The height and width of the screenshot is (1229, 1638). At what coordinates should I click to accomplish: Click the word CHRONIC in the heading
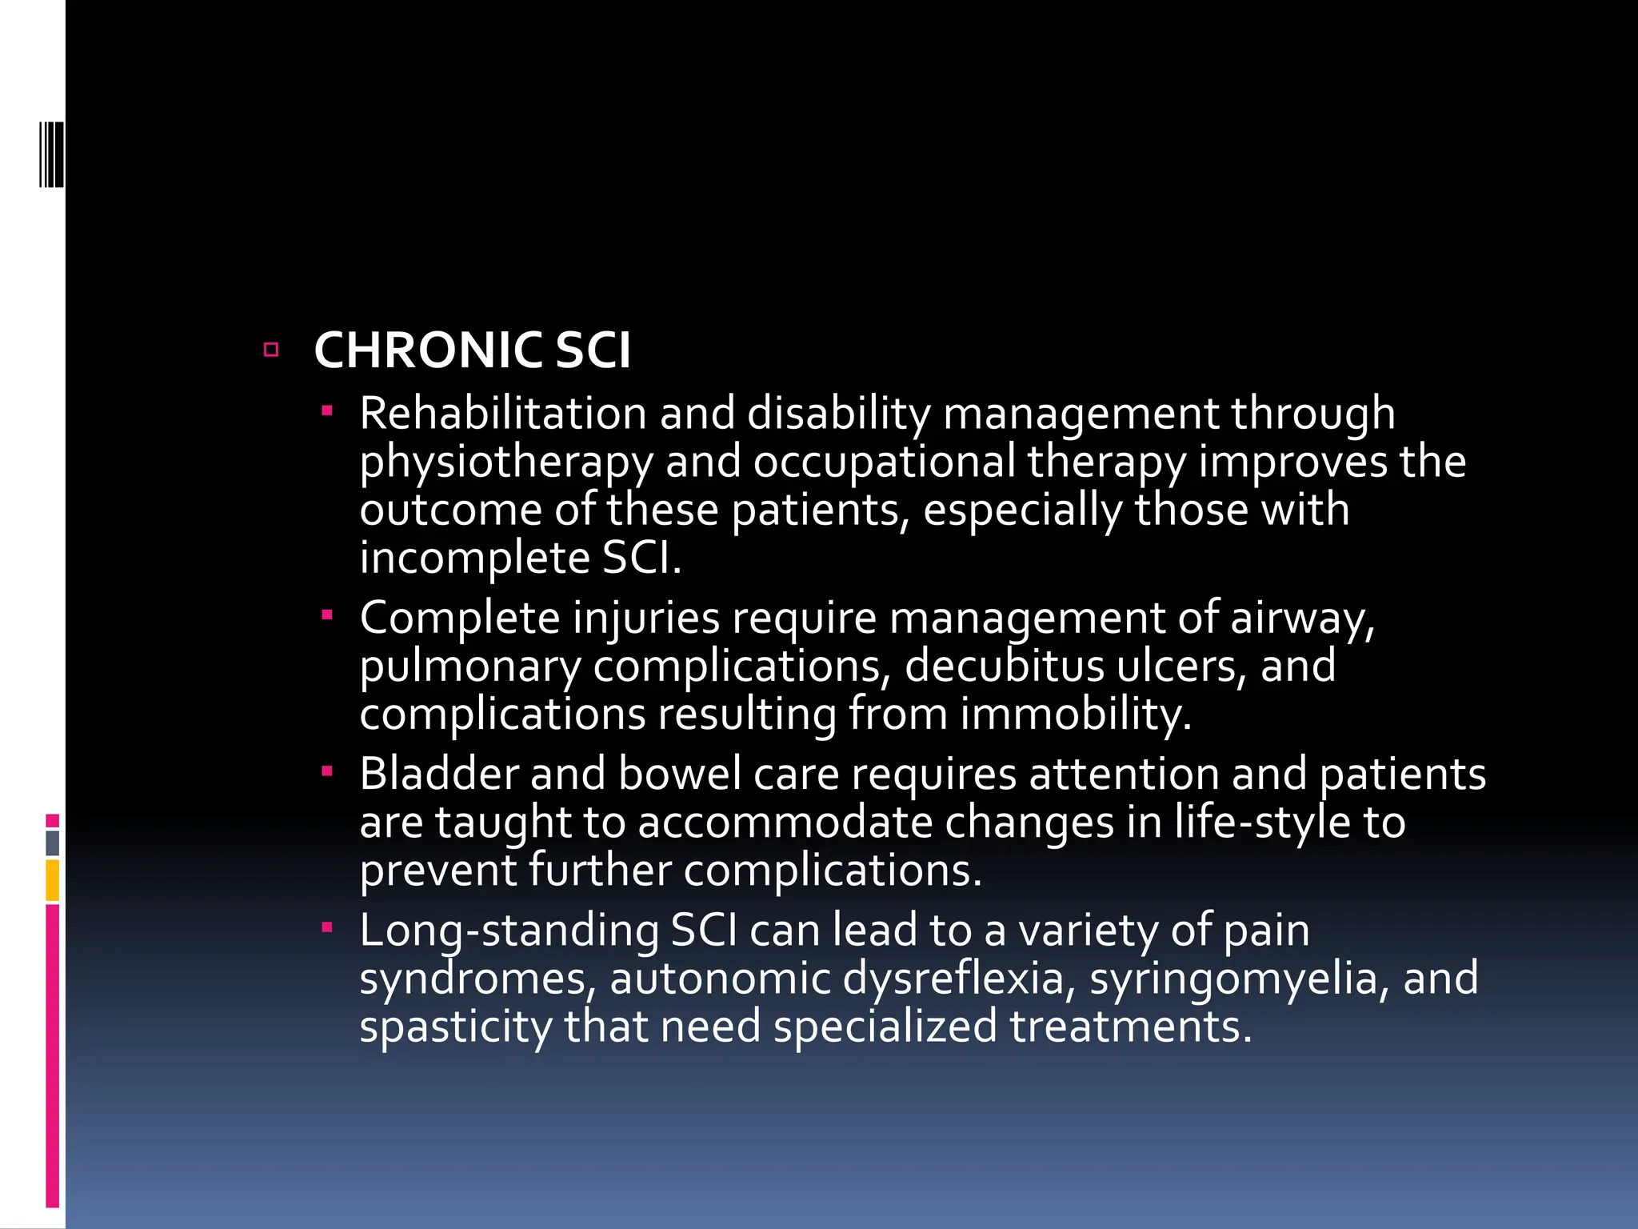coord(428,350)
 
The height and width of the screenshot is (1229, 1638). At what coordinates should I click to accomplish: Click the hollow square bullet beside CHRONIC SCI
coord(271,350)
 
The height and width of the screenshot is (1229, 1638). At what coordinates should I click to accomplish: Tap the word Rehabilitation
coord(502,414)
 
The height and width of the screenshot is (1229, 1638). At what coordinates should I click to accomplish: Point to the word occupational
coord(884,463)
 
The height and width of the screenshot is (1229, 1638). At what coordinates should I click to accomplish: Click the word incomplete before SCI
coord(474,558)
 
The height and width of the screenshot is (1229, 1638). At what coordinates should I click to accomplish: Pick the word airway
coord(1301,619)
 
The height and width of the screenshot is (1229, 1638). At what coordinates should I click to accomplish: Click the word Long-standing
coord(509,931)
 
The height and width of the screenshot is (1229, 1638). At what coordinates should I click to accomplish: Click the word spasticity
coord(455,1027)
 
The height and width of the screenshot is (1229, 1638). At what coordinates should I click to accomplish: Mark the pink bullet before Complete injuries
coord(326,616)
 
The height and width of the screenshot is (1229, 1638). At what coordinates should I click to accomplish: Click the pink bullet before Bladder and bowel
coord(326,772)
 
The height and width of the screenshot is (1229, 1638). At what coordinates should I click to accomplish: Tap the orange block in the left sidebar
coord(53,879)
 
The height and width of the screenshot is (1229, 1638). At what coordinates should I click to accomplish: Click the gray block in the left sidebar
coord(53,843)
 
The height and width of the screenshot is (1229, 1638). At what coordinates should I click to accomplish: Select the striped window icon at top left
coord(52,154)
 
